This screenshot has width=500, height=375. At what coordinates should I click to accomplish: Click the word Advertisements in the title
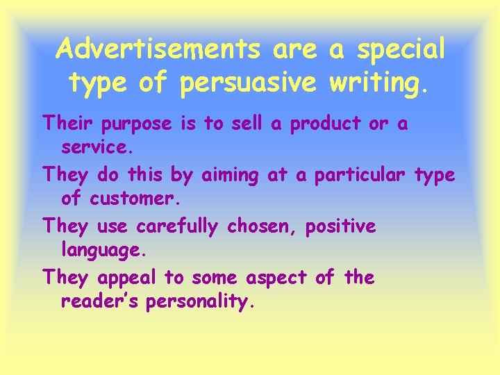click(158, 49)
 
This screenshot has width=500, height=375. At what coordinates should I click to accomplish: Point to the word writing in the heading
click(380, 83)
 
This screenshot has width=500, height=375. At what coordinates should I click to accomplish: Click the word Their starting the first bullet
click(69, 124)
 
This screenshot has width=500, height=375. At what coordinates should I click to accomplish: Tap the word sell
click(248, 124)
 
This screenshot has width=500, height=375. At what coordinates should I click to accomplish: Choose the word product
click(328, 125)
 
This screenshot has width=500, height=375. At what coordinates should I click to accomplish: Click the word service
click(94, 149)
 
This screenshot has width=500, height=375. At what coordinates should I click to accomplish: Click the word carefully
click(177, 227)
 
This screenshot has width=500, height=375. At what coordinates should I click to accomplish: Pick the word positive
click(343, 227)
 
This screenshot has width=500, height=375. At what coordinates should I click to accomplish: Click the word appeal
click(127, 278)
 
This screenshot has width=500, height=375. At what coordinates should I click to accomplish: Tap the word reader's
click(100, 302)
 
